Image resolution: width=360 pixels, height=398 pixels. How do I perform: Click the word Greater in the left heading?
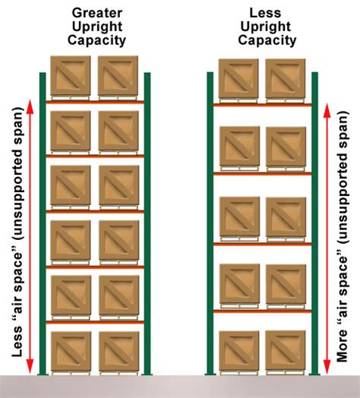coord(99,12)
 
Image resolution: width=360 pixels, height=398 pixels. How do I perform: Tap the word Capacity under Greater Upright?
coord(99,39)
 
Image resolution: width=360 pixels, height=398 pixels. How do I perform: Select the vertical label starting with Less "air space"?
coord(17,235)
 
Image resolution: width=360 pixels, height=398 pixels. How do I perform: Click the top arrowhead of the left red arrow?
coord(31,105)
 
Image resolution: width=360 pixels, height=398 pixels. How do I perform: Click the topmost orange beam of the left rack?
coord(95,101)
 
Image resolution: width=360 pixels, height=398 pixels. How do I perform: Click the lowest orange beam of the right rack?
coord(262,311)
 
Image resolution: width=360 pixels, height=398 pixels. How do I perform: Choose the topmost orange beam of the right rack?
coord(262,104)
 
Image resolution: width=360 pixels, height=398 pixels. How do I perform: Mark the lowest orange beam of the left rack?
coord(95,322)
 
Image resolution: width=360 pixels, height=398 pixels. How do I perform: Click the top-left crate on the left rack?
coord(71,76)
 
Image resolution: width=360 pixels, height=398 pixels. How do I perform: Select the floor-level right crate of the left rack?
coord(118,350)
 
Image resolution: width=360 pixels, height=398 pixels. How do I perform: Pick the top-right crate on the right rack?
coord(285,78)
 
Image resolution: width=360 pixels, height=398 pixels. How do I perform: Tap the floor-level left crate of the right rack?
coord(239,350)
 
